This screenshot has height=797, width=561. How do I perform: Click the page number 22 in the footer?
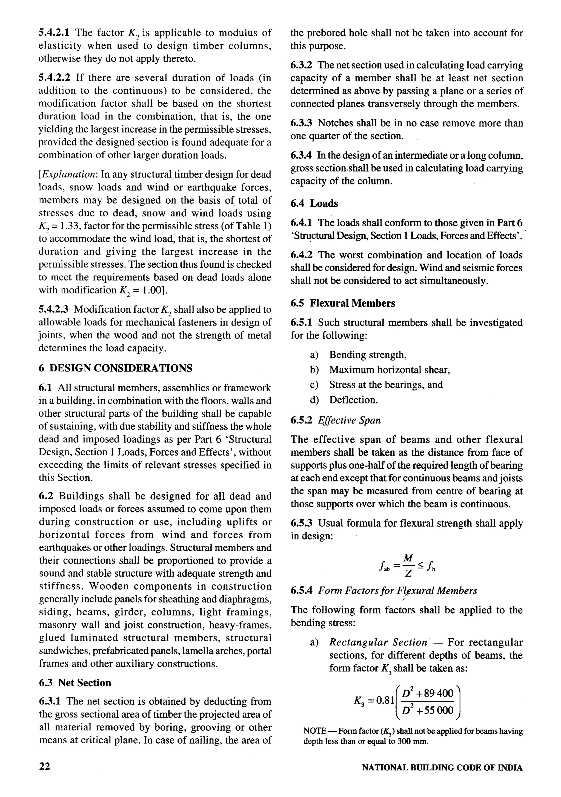(44, 766)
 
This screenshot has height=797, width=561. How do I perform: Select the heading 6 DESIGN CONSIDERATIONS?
(116, 368)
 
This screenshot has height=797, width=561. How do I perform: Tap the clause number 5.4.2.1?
(54, 33)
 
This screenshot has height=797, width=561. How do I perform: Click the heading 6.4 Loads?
(314, 203)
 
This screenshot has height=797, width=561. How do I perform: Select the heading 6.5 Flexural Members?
(343, 303)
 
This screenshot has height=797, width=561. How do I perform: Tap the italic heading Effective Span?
(349, 420)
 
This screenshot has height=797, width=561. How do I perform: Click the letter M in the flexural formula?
(408, 558)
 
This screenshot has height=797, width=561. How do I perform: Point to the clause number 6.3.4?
(301, 156)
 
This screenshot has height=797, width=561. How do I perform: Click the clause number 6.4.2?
(301, 255)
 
